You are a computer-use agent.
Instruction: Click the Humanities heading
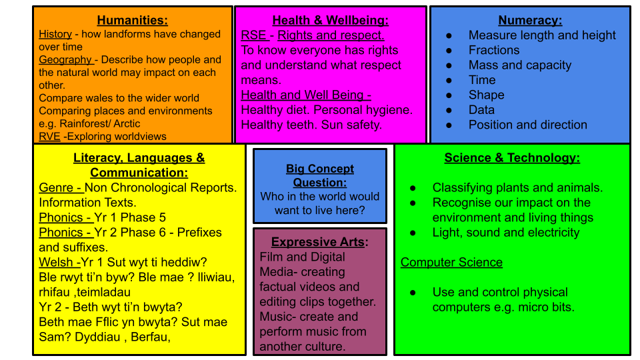click(x=132, y=20)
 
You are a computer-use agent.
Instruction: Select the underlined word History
click(x=55, y=34)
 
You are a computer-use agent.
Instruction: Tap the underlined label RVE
click(x=49, y=136)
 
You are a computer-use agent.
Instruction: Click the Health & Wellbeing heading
click(x=330, y=20)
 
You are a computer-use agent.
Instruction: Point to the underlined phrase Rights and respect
click(x=331, y=35)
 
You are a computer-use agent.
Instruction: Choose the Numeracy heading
click(x=530, y=20)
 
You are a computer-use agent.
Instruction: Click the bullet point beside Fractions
click(x=449, y=51)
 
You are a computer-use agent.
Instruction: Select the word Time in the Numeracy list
click(x=481, y=80)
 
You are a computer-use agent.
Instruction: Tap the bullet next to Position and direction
click(x=449, y=125)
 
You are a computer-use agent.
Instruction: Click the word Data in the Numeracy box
click(x=481, y=110)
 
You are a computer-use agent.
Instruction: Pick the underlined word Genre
click(x=56, y=188)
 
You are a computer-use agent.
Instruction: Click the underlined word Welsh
click(x=56, y=263)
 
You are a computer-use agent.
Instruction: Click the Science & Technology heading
click(x=512, y=157)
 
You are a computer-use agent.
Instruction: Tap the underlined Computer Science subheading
click(x=451, y=263)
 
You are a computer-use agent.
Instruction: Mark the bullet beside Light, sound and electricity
click(x=413, y=233)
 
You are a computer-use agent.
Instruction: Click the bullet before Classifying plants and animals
click(x=413, y=188)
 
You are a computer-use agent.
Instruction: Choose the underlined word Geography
click(x=65, y=60)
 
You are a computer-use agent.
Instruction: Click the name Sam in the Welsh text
click(x=52, y=337)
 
